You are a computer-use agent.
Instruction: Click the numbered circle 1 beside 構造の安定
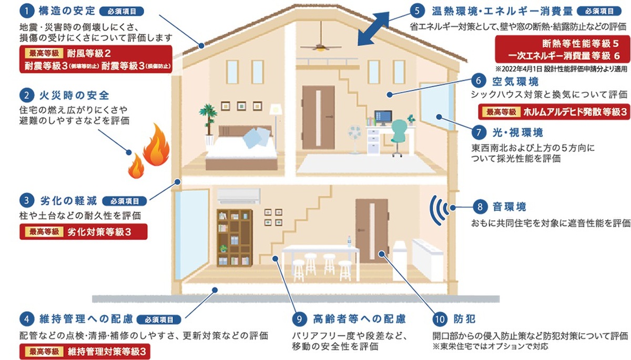25,11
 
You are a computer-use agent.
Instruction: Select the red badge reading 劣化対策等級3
83,232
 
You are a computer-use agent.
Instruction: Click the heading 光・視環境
518,131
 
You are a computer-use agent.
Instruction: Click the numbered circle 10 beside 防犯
438,319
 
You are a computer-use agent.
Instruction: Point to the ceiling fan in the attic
320,45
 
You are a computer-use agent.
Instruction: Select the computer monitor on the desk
382,116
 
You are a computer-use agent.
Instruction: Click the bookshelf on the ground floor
235,238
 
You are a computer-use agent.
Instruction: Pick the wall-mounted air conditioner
239,196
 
